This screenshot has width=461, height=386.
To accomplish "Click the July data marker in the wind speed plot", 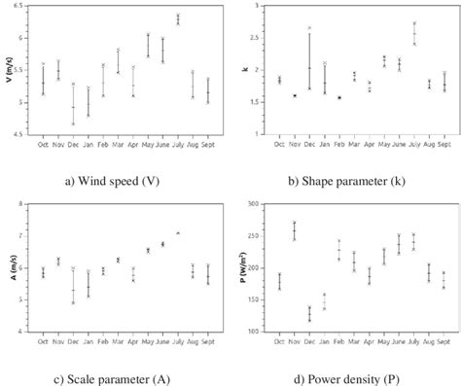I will [178, 18].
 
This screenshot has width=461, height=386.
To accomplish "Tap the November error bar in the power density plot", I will [295, 230].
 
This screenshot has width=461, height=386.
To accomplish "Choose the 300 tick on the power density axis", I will [258, 204].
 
